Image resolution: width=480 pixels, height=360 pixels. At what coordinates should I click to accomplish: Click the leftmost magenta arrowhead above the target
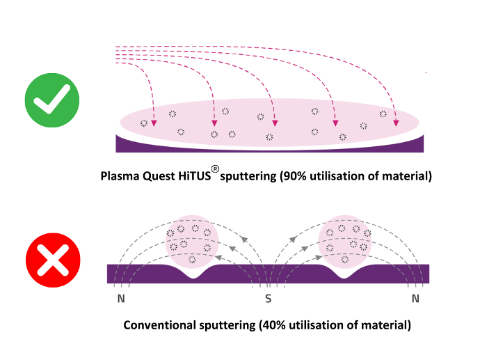(154, 123)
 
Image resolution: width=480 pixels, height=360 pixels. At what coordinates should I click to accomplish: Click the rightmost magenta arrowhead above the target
(396, 123)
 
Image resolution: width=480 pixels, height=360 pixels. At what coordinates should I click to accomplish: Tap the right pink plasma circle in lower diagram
(346, 240)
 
